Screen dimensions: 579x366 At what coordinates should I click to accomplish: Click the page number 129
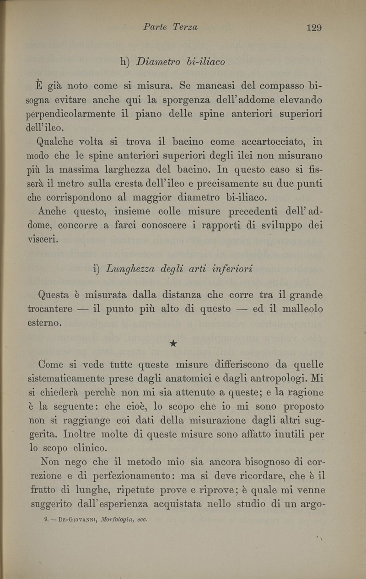click(314, 28)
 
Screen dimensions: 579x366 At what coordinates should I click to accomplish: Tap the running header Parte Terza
click(170, 27)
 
